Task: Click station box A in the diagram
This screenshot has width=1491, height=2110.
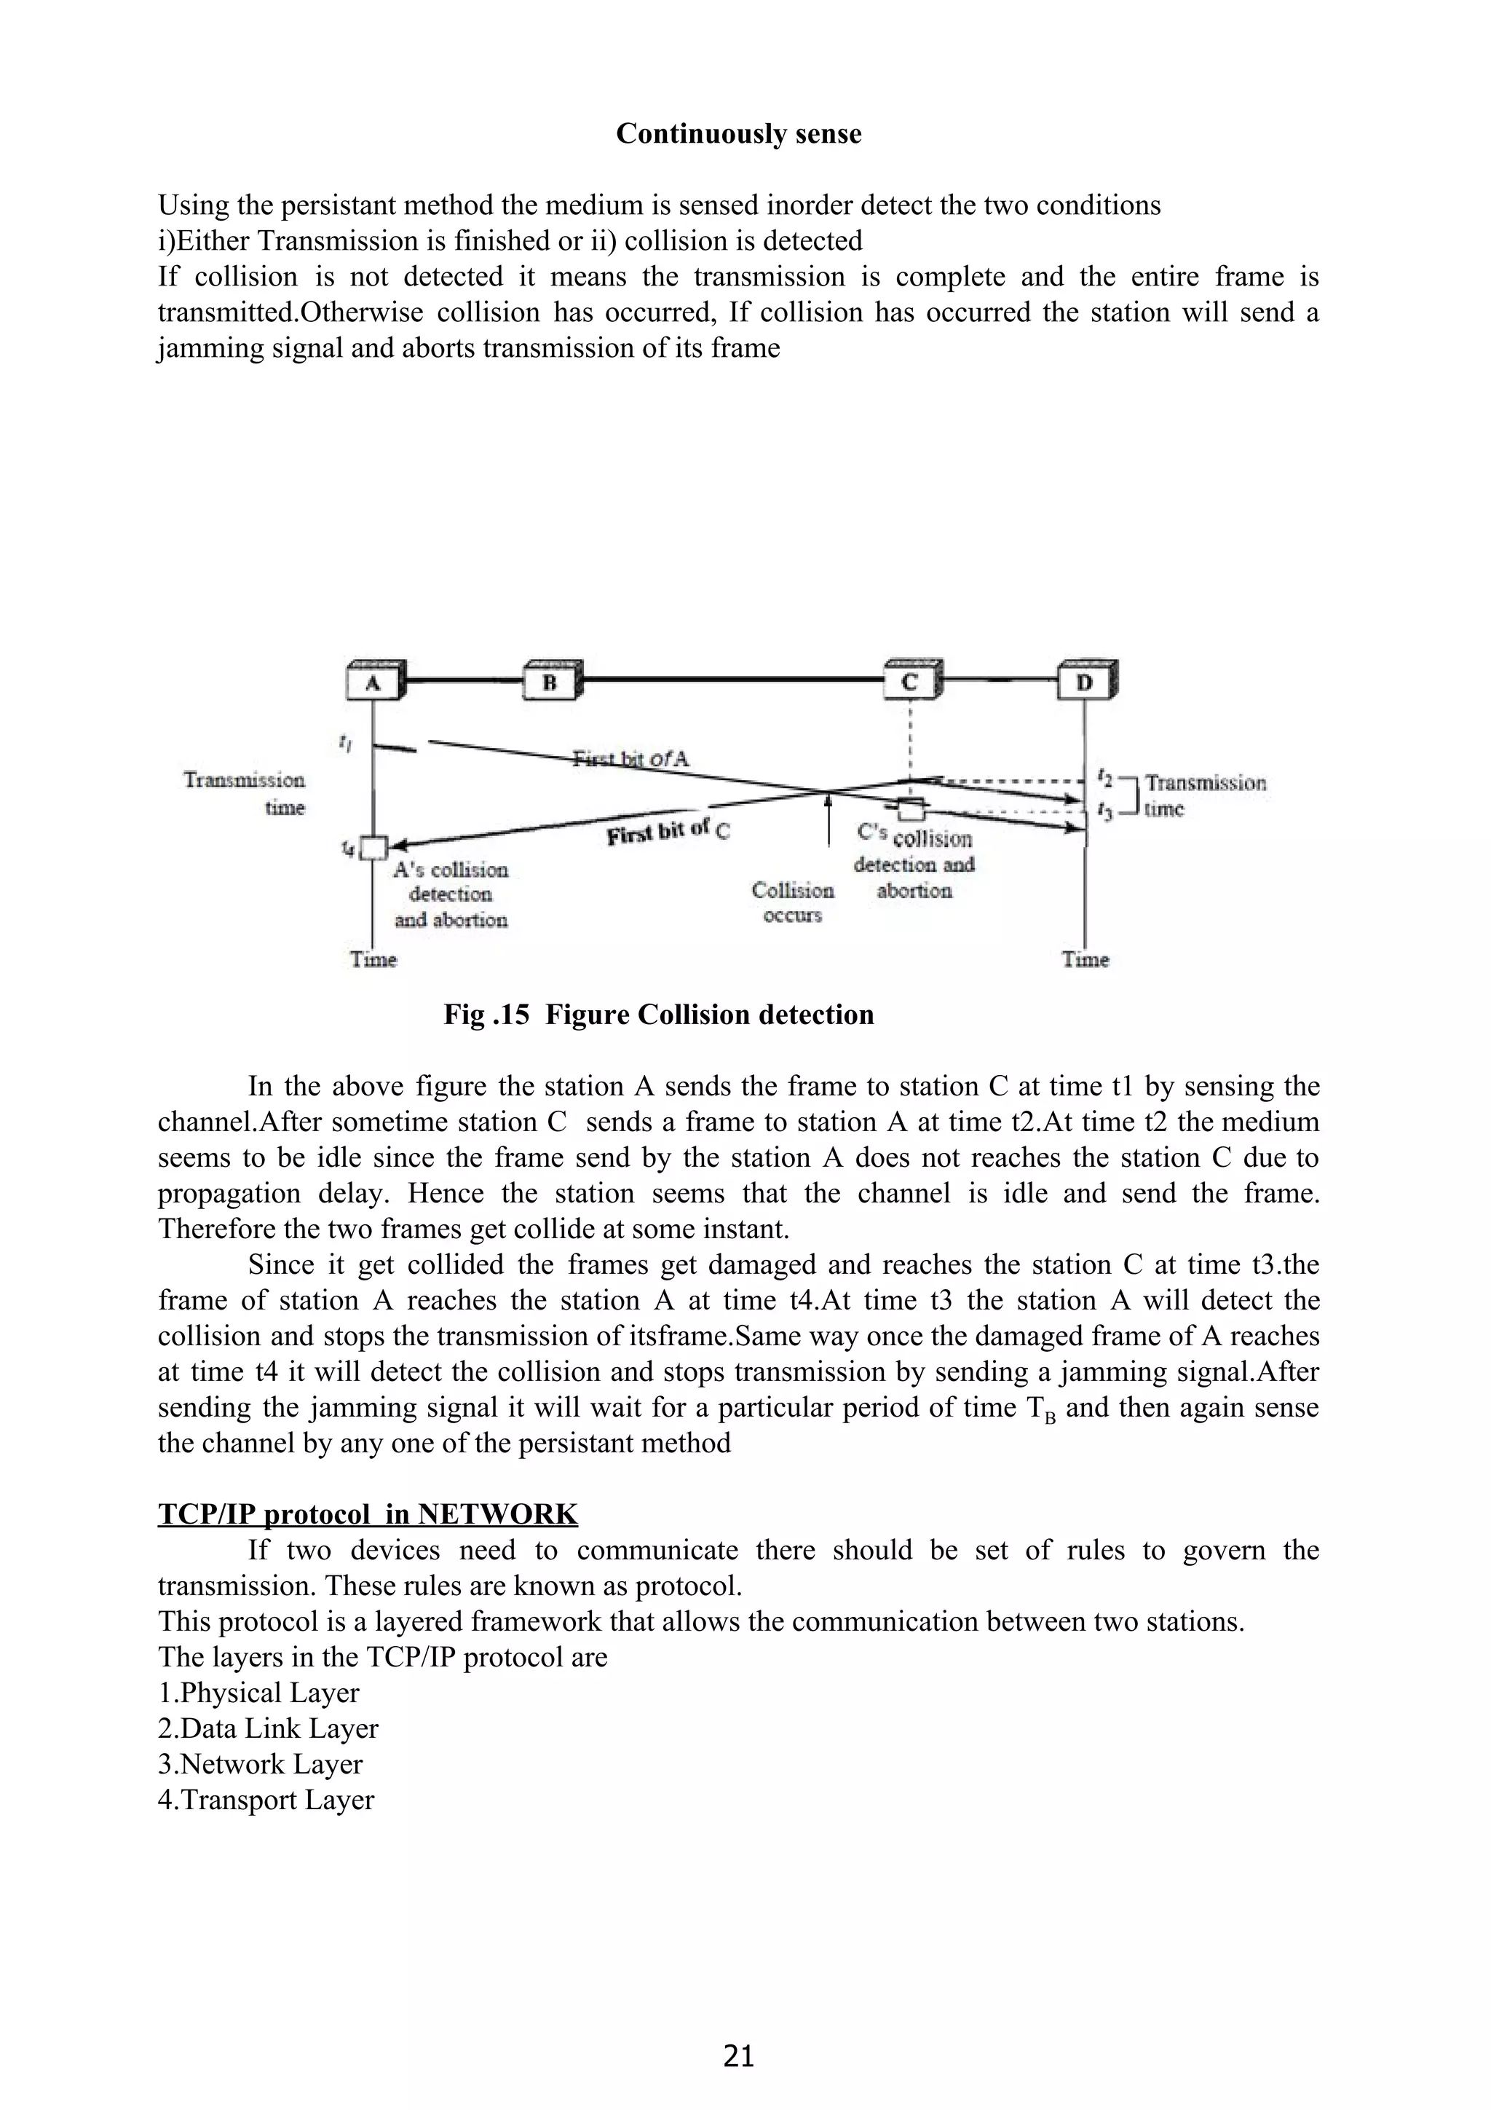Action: tap(372, 682)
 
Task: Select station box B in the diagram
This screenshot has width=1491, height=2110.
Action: tap(550, 682)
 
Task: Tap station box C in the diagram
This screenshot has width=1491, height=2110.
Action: tap(909, 682)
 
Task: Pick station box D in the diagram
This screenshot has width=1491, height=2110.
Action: tap(1084, 682)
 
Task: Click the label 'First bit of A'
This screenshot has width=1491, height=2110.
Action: tap(630, 759)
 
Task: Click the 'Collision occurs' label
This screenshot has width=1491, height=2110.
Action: tap(792, 902)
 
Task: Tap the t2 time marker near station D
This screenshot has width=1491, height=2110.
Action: tap(1105, 779)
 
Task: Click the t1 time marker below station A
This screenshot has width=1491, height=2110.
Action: tap(344, 743)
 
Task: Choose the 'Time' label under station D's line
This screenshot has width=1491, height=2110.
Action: tap(1085, 959)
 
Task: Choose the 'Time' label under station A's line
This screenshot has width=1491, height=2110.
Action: tap(373, 959)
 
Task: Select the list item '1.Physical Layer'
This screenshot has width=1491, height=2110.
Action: tap(258, 1693)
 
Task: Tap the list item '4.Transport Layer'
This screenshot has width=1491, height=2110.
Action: tap(266, 1800)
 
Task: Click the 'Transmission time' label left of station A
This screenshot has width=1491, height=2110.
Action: tap(245, 793)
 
